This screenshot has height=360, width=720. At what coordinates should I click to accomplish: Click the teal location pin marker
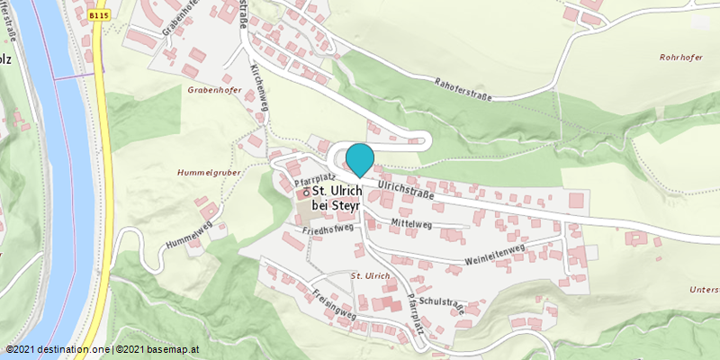coord(360,159)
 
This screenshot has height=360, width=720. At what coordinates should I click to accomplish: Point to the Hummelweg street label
coord(189,235)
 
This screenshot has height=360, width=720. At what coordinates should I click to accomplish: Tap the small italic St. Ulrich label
coord(370,274)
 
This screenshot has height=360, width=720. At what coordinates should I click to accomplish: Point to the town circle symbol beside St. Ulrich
coord(305,192)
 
